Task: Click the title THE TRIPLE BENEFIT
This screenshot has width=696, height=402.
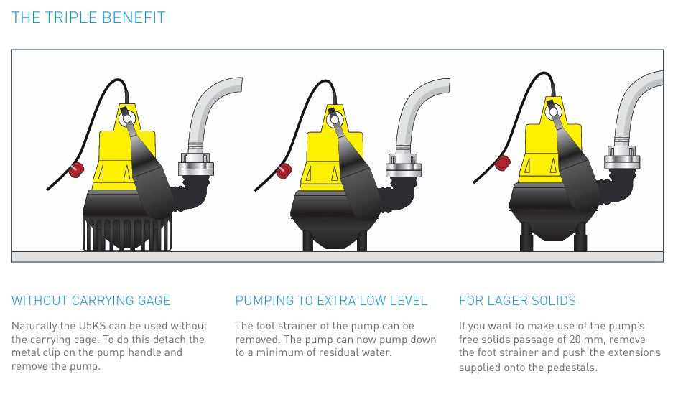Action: pos(88,18)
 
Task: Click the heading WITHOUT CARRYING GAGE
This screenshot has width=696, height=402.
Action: pos(91,301)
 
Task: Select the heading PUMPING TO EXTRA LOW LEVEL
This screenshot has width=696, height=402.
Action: pos(331,301)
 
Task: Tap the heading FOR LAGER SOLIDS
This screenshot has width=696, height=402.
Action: pos(517,301)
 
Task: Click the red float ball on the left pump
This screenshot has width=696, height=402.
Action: pos(75,170)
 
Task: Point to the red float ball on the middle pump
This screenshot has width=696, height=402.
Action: pos(284,171)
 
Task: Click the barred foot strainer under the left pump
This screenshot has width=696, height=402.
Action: pos(127,234)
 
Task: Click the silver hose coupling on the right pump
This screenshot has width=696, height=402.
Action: pos(621,156)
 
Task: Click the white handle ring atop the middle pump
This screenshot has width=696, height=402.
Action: pos(335,117)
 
